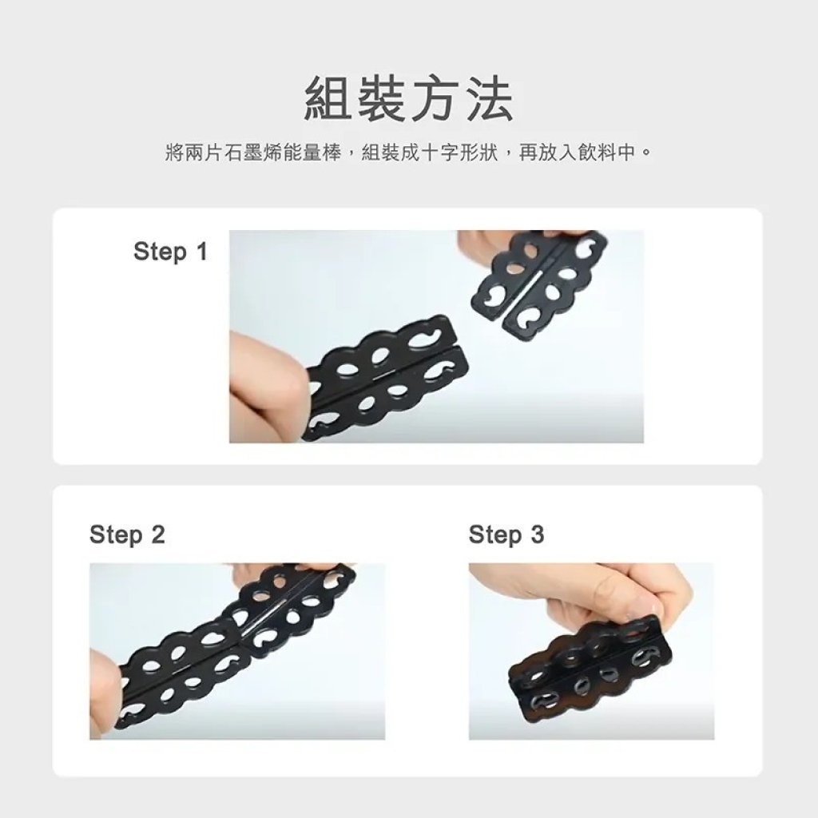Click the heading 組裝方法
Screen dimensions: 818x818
pos(408,98)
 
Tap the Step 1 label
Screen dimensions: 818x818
pos(171,252)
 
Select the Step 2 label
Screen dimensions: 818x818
pos(127,534)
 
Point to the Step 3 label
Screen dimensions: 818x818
pos(506,534)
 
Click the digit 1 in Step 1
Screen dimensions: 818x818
pos(201,252)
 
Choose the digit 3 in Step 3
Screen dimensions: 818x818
pos(537,534)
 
